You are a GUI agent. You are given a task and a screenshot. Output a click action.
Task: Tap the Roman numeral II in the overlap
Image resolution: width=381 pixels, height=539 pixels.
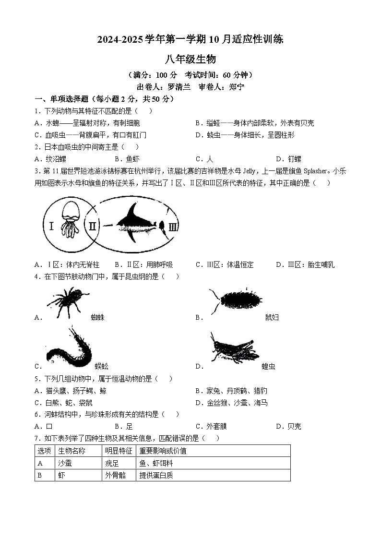(x=92, y=225)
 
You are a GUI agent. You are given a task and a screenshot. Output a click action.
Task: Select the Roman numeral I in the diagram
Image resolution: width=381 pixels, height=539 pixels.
(x=51, y=225)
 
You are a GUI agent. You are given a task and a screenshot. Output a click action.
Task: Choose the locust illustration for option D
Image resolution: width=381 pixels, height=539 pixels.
(x=233, y=349)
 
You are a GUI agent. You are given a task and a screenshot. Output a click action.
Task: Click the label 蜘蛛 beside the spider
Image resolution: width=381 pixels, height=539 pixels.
(x=97, y=317)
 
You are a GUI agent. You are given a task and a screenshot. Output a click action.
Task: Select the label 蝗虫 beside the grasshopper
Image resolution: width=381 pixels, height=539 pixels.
(x=268, y=367)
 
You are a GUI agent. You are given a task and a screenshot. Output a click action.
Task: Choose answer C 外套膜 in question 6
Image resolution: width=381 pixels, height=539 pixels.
(x=211, y=426)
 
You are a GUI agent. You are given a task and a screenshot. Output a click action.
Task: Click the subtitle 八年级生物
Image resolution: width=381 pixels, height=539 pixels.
(x=190, y=60)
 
